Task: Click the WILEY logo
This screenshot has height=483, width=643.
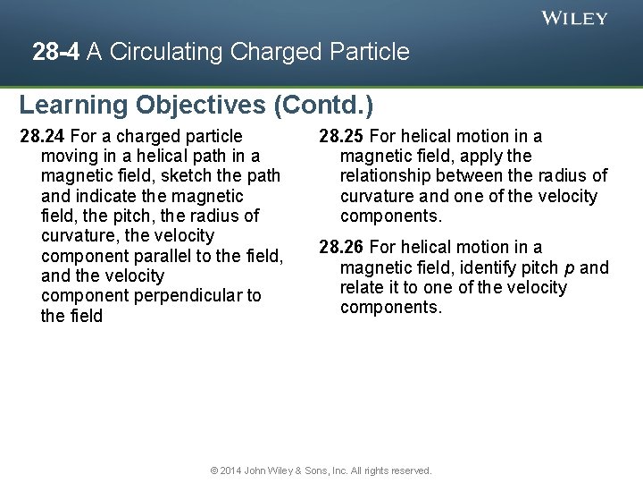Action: click(x=574, y=18)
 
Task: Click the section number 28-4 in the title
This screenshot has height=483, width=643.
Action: click(x=55, y=52)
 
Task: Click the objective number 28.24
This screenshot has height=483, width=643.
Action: click(x=43, y=136)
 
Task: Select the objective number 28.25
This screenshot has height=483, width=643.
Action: click(x=341, y=136)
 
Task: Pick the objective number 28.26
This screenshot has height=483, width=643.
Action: click(x=341, y=247)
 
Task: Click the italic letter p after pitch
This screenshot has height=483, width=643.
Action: click(x=569, y=267)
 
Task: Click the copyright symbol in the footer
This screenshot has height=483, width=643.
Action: click(x=214, y=470)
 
